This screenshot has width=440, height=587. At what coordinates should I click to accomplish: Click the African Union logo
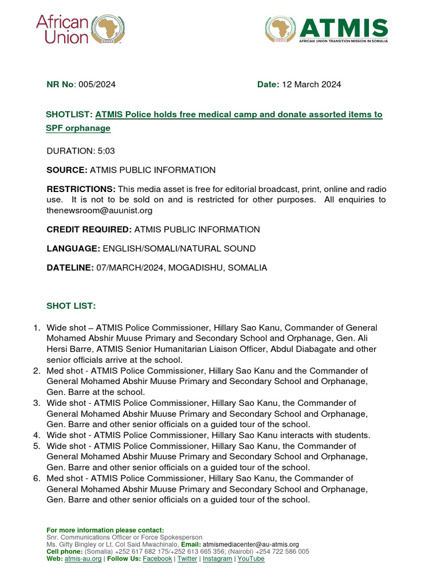(80, 29)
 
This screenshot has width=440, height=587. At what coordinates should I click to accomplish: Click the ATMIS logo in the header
(326, 30)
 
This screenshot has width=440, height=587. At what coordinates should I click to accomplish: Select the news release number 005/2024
(97, 84)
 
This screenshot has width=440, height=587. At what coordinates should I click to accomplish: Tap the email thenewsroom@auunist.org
(99, 210)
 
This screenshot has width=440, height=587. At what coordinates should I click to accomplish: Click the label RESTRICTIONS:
(81, 189)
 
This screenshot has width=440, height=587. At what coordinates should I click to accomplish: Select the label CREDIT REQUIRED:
(89, 229)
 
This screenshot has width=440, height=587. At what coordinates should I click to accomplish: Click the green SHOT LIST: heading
(71, 306)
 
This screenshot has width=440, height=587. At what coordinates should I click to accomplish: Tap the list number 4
(37, 435)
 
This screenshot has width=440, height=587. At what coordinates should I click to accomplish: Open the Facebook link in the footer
(157, 558)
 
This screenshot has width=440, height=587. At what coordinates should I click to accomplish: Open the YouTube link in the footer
(251, 558)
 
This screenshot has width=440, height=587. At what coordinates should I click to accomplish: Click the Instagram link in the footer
(217, 558)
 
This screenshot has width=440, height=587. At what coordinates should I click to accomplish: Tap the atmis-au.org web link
(83, 558)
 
